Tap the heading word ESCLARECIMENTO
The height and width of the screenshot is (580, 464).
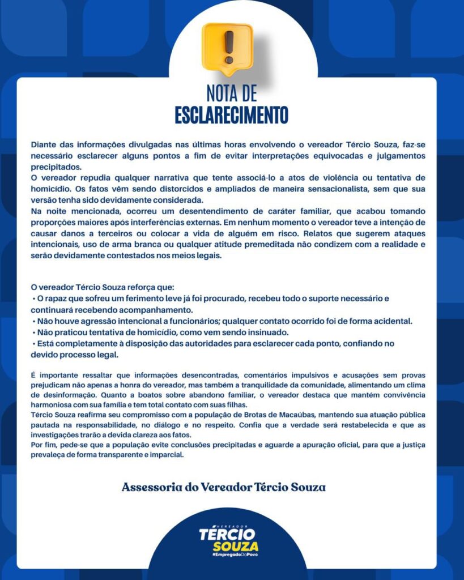[231, 114]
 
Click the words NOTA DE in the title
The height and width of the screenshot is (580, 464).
[231, 92]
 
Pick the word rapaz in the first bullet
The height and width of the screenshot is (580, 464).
[57, 298]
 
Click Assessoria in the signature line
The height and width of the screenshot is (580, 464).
[148, 487]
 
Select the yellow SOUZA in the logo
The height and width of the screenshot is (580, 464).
[235, 546]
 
